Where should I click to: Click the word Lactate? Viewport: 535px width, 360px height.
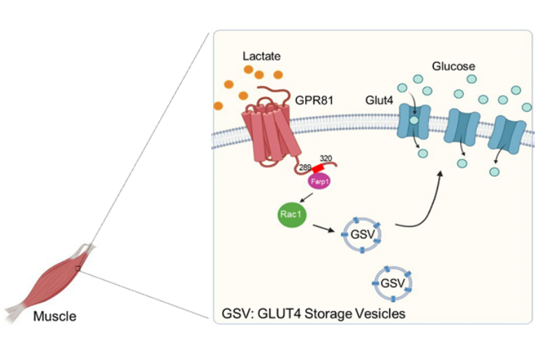(262, 54)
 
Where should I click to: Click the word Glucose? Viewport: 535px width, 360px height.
(454, 66)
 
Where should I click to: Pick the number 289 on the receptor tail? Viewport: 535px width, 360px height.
(305, 168)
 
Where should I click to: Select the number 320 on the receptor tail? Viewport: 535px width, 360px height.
(327, 159)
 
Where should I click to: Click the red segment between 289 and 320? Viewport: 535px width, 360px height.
(318, 168)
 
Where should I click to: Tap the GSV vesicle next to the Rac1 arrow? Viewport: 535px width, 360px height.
(360, 234)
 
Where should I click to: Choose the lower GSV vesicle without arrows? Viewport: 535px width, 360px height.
(393, 282)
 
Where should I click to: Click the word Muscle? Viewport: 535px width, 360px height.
(55, 316)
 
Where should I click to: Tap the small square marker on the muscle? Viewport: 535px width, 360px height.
(79, 268)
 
